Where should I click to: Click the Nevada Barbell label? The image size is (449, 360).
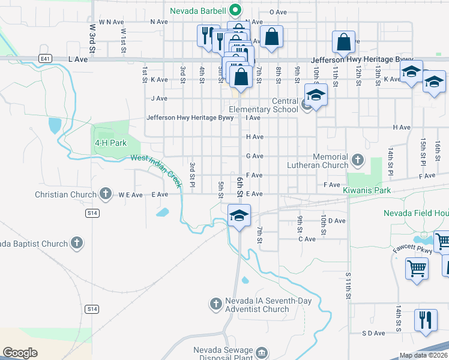(x=197, y=11)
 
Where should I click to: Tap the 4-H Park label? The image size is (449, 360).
(x=110, y=143)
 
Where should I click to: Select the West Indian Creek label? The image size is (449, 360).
(x=156, y=165)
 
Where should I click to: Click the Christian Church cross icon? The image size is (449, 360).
(x=106, y=194)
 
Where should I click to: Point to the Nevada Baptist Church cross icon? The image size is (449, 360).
(x=76, y=243)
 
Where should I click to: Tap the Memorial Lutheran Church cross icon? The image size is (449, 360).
(x=358, y=160)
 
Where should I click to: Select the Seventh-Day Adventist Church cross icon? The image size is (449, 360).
(x=216, y=304)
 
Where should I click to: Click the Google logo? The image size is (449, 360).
(x=20, y=353)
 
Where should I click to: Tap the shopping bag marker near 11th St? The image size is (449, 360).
(x=344, y=42)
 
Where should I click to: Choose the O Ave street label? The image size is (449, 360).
(x=279, y=12)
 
